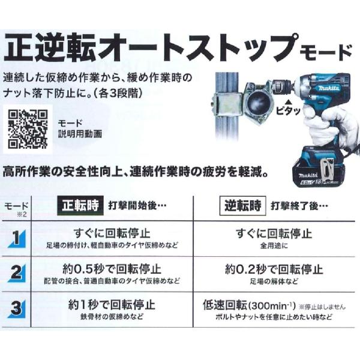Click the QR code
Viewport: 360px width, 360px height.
[28, 129]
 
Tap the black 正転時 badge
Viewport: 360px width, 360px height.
[80, 205]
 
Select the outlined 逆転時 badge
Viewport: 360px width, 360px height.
[242, 205]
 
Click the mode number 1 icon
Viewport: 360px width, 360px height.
[17, 239]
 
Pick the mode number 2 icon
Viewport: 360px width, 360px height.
[17, 273]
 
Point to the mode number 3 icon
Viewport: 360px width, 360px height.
[17, 309]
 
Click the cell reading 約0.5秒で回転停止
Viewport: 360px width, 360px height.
[112, 269]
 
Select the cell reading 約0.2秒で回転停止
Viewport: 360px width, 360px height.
[274, 269]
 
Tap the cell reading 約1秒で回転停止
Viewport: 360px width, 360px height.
[112, 305]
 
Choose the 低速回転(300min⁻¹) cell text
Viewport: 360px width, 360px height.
[249, 305]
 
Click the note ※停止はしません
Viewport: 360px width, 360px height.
[322, 307]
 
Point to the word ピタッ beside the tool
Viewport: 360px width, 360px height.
[288, 111]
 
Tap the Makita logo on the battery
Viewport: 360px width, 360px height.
[308, 176]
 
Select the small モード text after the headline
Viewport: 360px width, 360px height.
[326, 52]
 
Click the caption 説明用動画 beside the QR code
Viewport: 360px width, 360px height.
[80, 134]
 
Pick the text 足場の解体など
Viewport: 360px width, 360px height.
[274, 281]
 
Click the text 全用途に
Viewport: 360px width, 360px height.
[274, 246]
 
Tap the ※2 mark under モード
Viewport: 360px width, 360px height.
[22, 214]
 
